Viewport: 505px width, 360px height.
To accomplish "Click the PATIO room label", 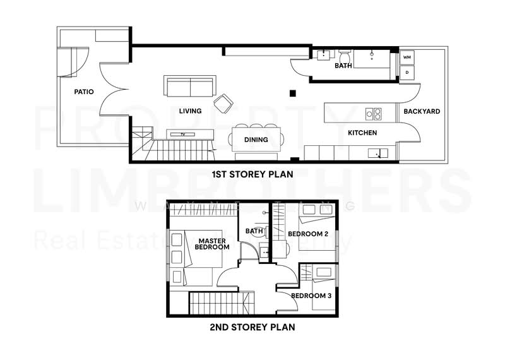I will (83, 92).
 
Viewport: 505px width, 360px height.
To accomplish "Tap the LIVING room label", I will (190, 111).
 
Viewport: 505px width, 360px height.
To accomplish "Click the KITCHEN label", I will (362, 133).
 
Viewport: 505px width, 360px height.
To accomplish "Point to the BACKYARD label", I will (422, 112).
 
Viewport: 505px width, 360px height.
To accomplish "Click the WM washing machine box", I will (407, 58).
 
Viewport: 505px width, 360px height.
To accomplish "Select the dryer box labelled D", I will (407, 73).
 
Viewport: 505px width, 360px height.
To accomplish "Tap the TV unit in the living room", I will (184, 134).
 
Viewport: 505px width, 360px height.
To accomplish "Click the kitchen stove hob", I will (374, 114).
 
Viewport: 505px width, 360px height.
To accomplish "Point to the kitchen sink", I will (377, 152).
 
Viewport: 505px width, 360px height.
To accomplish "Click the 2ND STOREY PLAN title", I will (252, 327).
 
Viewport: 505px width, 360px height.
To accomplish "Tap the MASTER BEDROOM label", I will (213, 244).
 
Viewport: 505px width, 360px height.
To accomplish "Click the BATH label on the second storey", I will (254, 231).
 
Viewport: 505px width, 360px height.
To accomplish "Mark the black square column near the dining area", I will (292, 93).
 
